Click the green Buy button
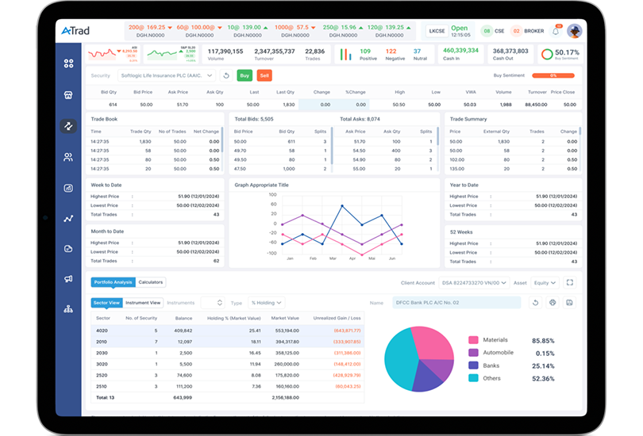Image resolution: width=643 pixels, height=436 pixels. [x=244, y=75]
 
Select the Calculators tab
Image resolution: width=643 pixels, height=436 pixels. [x=151, y=282]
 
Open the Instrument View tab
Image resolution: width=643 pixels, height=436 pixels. [x=144, y=303]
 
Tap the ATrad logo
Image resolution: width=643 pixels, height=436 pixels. [x=77, y=31]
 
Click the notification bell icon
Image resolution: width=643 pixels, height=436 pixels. [x=556, y=31]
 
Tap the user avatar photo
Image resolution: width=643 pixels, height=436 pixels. [x=574, y=31]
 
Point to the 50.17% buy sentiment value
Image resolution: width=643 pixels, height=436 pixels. [x=567, y=52]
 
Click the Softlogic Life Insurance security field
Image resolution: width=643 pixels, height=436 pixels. [x=166, y=75]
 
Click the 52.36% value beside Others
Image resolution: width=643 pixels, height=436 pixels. [x=543, y=378]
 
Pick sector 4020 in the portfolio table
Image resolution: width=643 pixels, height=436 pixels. [x=102, y=330]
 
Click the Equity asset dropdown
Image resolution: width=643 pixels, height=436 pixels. [x=545, y=282]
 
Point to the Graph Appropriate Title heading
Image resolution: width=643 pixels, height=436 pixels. [x=262, y=185]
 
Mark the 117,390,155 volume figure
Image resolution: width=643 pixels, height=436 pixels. [x=225, y=51]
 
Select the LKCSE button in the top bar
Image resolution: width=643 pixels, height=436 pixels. [x=437, y=31]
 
